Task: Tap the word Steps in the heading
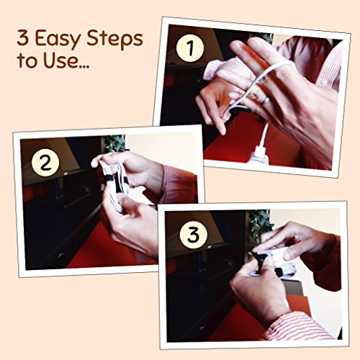tap(114, 38)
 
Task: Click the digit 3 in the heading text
tap(22, 38)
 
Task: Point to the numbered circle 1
tap(190, 48)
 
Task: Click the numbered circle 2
tap(45, 163)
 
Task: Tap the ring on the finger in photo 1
tap(266, 101)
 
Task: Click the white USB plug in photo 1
tap(259, 153)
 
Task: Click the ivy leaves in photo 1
tap(265, 37)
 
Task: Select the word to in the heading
tap(27, 60)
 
